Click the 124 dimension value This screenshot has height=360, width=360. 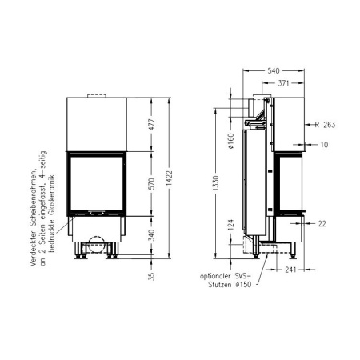click(x=230, y=227)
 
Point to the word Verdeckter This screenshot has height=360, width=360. click(x=32, y=244)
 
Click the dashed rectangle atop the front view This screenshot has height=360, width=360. click(x=97, y=96)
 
